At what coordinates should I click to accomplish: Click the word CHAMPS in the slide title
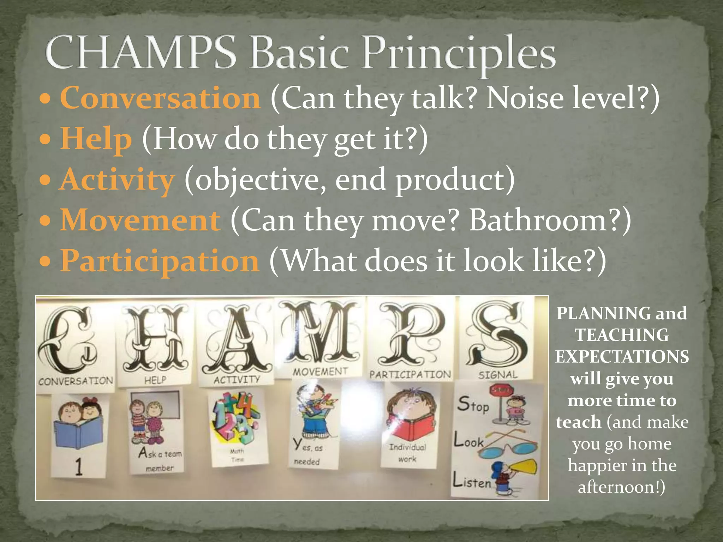click(x=141, y=53)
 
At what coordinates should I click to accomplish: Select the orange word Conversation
click(x=160, y=98)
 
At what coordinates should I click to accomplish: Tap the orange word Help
click(x=96, y=139)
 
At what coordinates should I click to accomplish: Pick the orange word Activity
click(x=117, y=180)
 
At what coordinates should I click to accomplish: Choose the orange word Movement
click(x=141, y=220)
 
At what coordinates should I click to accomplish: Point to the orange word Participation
click(x=160, y=260)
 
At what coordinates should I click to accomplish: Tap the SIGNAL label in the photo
click(x=498, y=374)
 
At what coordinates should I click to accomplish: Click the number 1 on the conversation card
click(x=79, y=466)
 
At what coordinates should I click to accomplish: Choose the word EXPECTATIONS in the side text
click(x=622, y=356)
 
